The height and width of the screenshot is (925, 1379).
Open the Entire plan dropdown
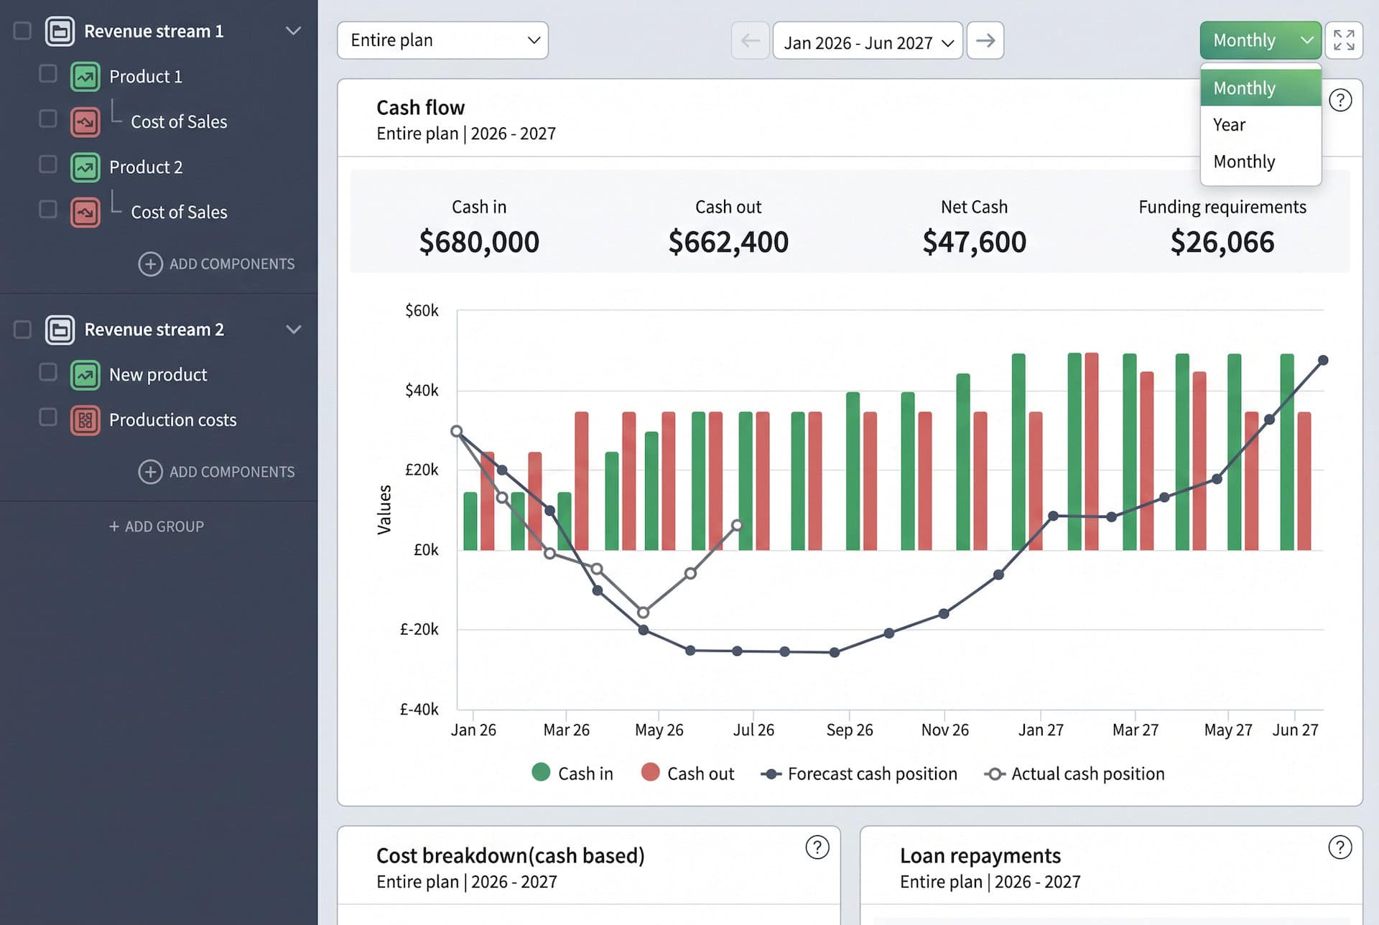click(442, 40)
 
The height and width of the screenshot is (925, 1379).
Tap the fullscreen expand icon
click(1344, 40)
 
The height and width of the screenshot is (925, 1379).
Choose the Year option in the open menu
click(1229, 125)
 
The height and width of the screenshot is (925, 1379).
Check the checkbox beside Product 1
click(48, 74)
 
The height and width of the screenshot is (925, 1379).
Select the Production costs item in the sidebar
click(172, 420)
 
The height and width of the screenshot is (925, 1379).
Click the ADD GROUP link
click(157, 526)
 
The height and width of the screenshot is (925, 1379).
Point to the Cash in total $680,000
click(479, 242)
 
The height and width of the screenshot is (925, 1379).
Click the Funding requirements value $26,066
click(1222, 242)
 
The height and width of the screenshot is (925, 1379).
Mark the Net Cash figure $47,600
click(975, 242)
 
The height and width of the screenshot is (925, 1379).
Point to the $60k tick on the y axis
click(422, 310)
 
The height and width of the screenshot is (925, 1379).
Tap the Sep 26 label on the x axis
click(850, 730)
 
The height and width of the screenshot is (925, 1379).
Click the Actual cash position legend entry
click(1075, 773)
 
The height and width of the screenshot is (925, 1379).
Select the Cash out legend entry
click(687, 773)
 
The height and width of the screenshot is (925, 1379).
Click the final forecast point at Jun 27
click(1323, 361)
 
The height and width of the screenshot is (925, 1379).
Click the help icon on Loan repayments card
click(1339, 847)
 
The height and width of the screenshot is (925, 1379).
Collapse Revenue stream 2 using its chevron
click(293, 330)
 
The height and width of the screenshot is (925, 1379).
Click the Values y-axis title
click(384, 510)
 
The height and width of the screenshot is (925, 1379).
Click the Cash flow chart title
click(420, 108)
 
